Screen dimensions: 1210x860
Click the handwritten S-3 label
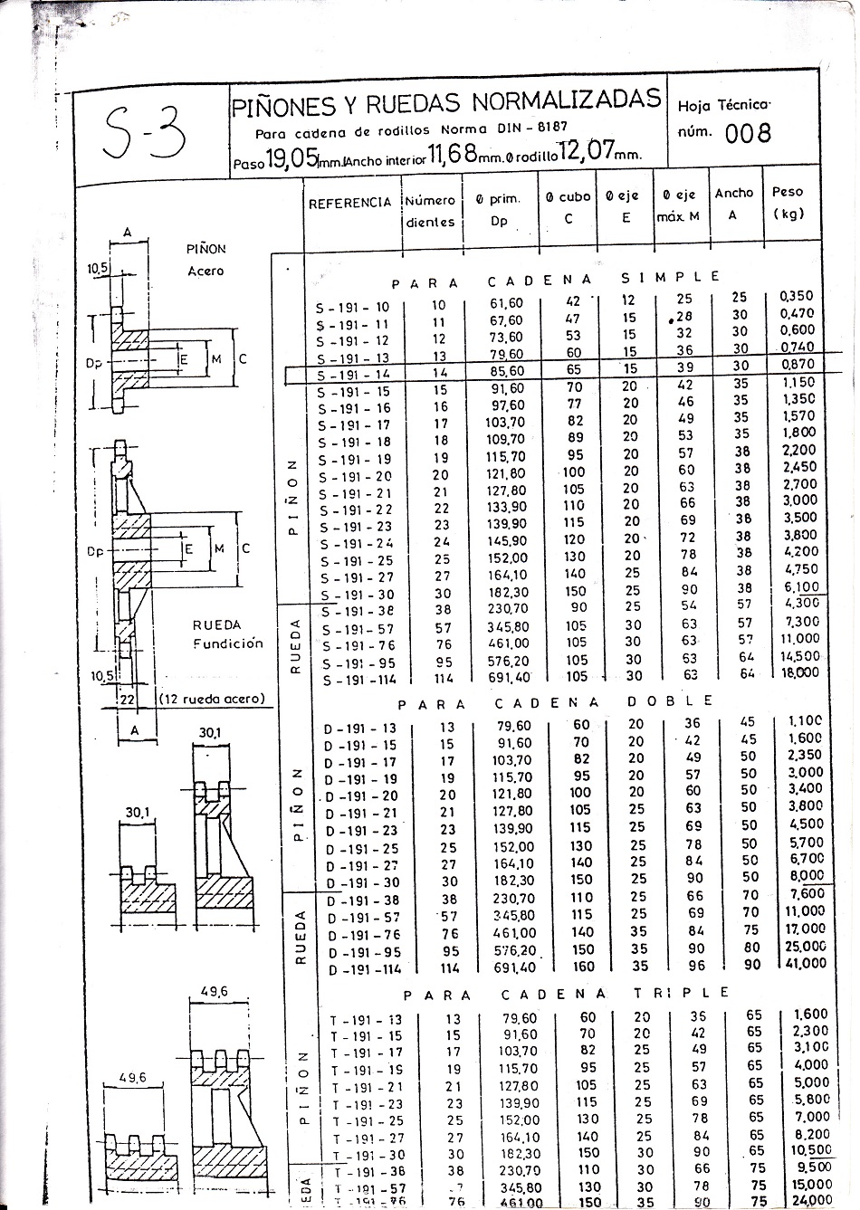tap(145, 132)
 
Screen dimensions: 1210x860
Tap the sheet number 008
tap(748, 133)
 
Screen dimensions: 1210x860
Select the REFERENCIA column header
tap(350, 203)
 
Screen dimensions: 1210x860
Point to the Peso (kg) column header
tap(788, 203)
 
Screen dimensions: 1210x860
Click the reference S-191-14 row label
tap(353, 374)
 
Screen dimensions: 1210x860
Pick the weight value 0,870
tap(797, 364)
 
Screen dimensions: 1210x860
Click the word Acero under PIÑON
tap(205, 271)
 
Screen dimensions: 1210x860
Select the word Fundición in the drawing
tap(227, 643)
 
